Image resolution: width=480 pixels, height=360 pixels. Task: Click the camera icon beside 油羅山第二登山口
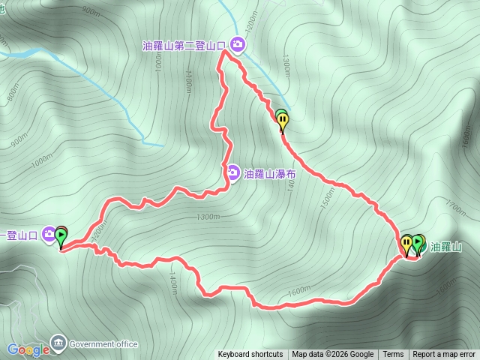click(238, 46)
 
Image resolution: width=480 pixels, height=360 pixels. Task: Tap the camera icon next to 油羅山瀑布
click(234, 173)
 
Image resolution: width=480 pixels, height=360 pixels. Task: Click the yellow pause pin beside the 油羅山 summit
click(406, 243)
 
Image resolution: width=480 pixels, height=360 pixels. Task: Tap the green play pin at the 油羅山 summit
click(417, 243)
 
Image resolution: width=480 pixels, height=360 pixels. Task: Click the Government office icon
click(58, 343)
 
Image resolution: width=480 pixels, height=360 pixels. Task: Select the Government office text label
click(103, 344)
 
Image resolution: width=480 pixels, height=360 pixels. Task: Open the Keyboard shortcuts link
click(250, 355)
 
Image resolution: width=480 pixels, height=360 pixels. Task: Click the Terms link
click(393, 355)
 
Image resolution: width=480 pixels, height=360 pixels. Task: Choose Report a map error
click(444, 355)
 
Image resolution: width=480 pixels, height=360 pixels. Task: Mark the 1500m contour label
click(328, 198)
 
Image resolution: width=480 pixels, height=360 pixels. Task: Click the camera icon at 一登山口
click(49, 234)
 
